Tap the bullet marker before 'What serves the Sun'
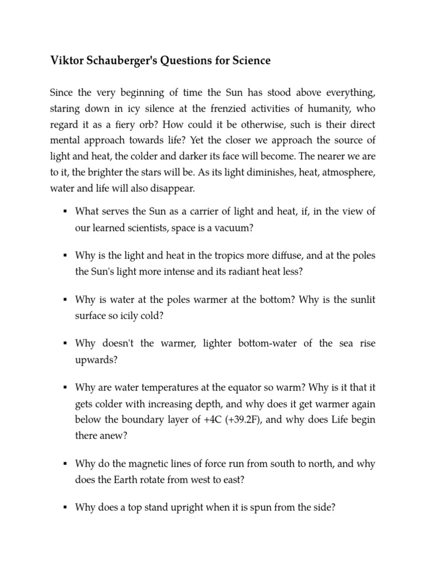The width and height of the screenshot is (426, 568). pyautogui.click(x=65, y=211)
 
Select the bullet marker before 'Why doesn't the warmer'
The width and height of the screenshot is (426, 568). pyautogui.click(x=65, y=344)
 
